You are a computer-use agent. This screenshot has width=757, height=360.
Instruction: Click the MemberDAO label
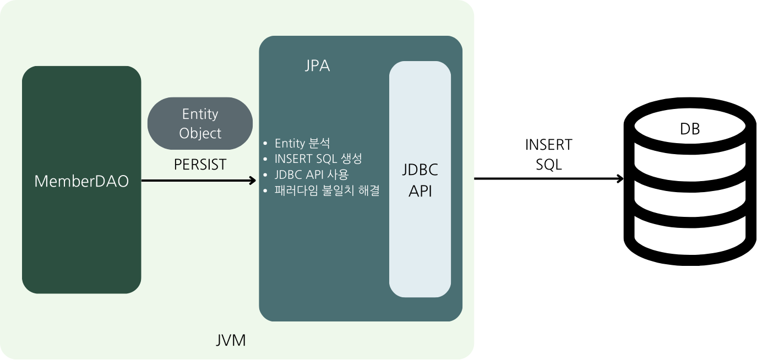pos(81,181)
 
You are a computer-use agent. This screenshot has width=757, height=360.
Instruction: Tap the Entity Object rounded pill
pos(200,123)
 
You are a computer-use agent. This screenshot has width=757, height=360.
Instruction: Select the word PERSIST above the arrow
pos(200,165)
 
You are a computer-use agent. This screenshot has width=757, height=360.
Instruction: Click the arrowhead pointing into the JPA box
pos(253,180)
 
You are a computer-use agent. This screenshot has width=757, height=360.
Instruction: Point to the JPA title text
pos(317,66)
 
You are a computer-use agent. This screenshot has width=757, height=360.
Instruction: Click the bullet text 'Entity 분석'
pos(302,144)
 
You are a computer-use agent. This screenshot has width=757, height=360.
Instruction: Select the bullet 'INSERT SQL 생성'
pos(318,159)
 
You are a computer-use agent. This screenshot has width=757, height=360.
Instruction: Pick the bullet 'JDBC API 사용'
pos(311,174)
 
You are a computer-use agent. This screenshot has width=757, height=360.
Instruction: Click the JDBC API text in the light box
pos(420,180)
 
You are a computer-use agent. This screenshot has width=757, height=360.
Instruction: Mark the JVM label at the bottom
pos(230,340)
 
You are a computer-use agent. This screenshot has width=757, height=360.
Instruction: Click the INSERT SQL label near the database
pos(548,154)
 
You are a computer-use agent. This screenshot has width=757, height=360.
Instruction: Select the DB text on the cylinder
pos(689,129)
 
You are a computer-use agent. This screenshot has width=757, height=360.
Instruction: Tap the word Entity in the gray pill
pos(200,114)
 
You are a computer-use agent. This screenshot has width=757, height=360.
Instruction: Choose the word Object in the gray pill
pos(200,133)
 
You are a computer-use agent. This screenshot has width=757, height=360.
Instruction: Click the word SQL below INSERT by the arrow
pos(548,164)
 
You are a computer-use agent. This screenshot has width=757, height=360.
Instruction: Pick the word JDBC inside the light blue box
pos(420,170)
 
